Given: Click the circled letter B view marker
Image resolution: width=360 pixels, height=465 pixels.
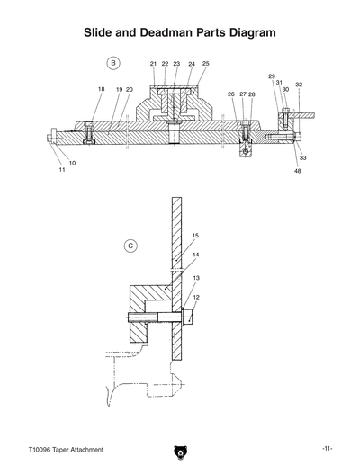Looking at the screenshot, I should (x=113, y=63).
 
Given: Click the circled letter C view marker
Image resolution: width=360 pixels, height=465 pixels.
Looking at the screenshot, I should (x=130, y=244).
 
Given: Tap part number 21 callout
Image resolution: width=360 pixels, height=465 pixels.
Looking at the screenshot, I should (x=153, y=64).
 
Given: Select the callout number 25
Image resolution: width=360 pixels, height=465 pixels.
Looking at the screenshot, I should (x=205, y=64).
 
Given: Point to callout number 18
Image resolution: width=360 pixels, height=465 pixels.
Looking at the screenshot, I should (x=101, y=89).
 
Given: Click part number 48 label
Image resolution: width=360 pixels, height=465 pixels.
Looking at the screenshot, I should (x=297, y=171).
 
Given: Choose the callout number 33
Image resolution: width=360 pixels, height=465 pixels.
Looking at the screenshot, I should (x=302, y=157).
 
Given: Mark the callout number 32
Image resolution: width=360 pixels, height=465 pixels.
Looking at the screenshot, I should (x=299, y=85).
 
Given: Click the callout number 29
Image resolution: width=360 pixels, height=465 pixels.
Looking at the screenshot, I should (x=272, y=76).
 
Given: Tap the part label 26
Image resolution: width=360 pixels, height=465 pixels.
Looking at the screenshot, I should (x=231, y=94).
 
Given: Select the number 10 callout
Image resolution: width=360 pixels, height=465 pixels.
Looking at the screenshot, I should (x=72, y=162).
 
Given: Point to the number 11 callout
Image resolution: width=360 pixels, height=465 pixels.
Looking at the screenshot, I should (x=62, y=169).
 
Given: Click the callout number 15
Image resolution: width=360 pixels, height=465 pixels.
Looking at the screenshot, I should (x=195, y=235).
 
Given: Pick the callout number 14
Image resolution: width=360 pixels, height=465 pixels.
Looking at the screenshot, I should (x=195, y=255).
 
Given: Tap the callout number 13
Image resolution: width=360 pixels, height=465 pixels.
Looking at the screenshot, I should (x=195, y=278).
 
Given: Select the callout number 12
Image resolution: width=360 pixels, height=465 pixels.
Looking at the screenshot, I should (x=195, y=297).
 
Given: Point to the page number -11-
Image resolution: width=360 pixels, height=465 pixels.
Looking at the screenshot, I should (x=328, y=448).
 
